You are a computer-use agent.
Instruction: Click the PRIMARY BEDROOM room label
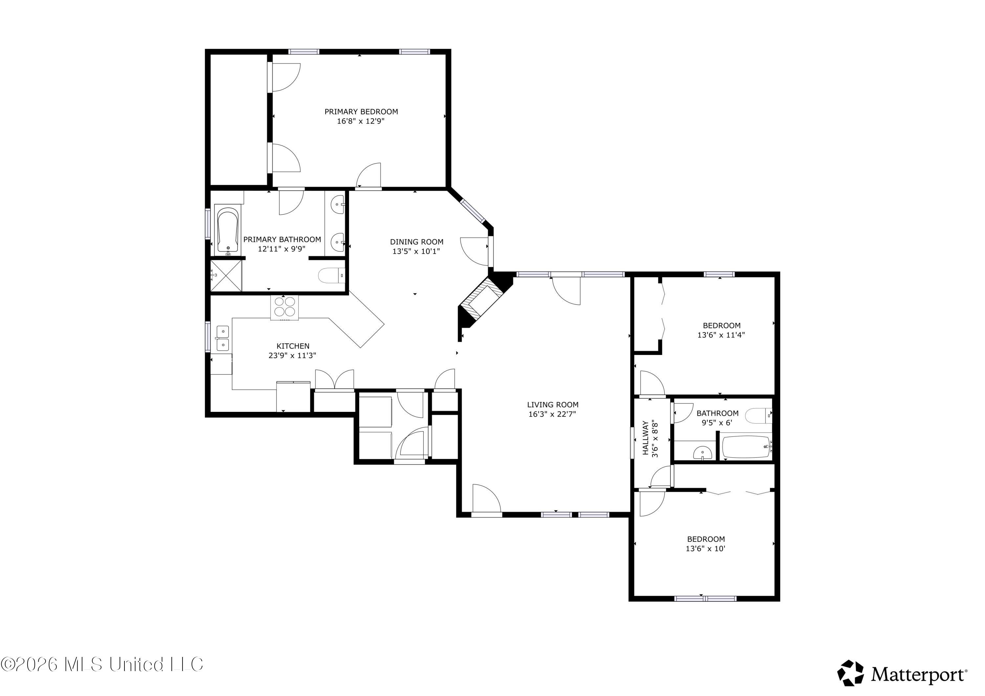tap(361, 112)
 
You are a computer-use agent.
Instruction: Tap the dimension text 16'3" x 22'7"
tap(552, 414)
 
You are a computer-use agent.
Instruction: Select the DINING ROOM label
tap(417, 242)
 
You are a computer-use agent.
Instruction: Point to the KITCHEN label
tap(293, 346)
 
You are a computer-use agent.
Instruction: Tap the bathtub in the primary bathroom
tap(228, 231)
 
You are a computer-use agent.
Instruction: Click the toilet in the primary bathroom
tap(332, 275)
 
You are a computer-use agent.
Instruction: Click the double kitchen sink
tap(222, 338)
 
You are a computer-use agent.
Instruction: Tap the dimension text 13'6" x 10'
tap(706, 548)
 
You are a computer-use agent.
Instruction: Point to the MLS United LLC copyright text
tap(102, 664)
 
